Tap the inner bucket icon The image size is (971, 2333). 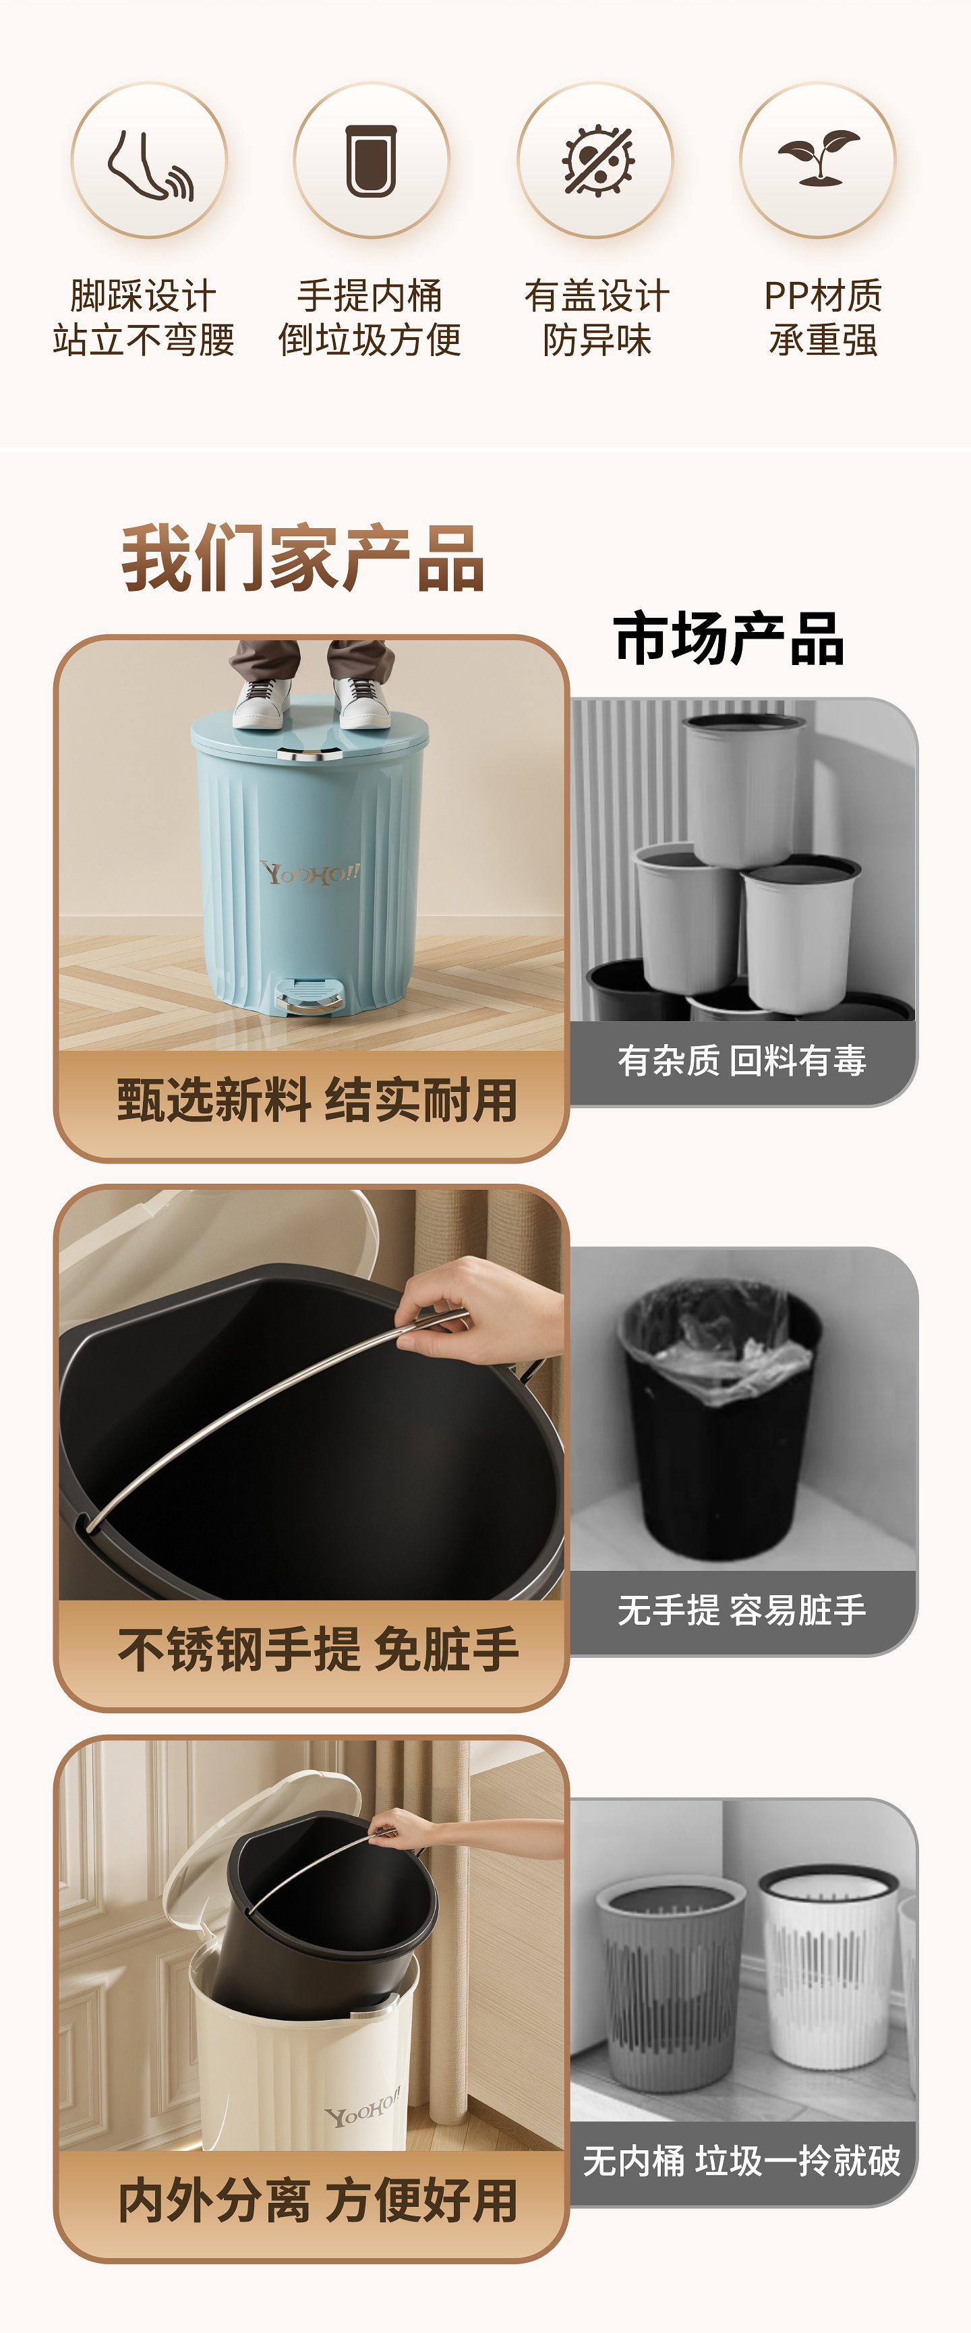[x=372, y=161]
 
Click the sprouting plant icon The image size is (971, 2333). [x=819, y=159]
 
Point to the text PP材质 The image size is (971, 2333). [x=823, y=295]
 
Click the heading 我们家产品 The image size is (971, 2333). [x=303, y=558]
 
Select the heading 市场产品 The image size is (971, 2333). [x=729, y=639]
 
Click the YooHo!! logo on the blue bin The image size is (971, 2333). [x=310, y=873]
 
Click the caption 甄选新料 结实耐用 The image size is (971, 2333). [x=317, y=1100]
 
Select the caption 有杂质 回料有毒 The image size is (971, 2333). [x=742, y=1060]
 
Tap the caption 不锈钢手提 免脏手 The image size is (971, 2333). [x=318, y=1649]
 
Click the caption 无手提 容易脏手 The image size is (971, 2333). [x=742, y=1610]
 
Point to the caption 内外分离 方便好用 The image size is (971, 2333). [x=318, y=2201]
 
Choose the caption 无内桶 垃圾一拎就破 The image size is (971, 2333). [x=742, y=2161]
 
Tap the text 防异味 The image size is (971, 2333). [x=597, y=341]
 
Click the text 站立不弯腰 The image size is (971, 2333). [x=144, y=341]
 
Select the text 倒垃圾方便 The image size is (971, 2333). [x=370, y=341]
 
